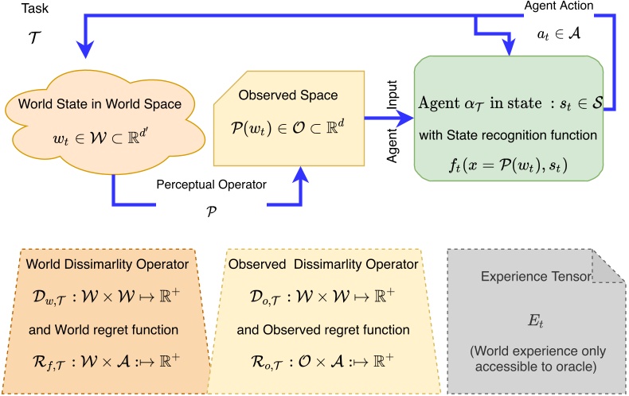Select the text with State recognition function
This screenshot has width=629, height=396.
click(x=510, y=135)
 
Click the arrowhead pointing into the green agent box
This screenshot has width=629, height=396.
click(x=408, y=121)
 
